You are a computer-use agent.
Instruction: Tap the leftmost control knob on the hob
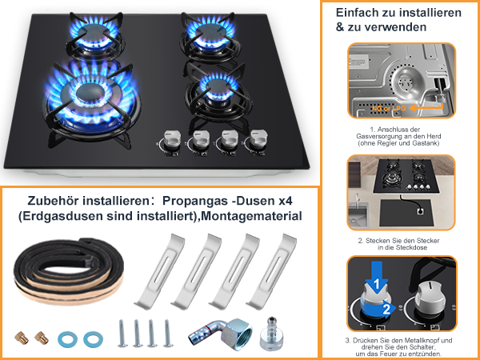172,140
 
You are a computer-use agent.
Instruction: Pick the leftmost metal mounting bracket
160,271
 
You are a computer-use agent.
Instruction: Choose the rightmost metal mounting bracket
272,271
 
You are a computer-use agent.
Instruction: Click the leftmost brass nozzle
22,338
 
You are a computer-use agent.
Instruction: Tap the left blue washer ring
67,339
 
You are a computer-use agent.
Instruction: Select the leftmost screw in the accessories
122,334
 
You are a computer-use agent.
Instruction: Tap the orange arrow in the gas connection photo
426,108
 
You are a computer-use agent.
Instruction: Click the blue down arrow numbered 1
377,278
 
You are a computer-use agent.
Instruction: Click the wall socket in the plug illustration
420,211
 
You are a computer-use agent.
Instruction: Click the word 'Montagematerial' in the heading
252,216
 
